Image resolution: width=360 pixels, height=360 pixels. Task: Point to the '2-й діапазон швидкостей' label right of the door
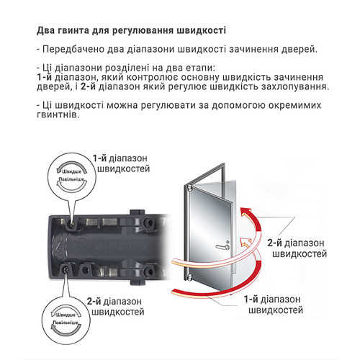(x=294, y=248)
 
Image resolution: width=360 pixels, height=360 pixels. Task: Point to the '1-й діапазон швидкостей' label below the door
(x=274, y=305)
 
